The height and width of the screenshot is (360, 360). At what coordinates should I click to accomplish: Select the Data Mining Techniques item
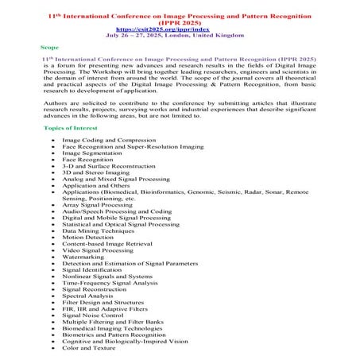coord(97,230)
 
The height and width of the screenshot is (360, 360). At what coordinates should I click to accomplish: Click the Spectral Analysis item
coord(88,296)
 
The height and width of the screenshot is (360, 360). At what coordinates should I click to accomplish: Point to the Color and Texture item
coord(89,347)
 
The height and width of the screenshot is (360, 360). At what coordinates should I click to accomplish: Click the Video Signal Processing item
coord(98,250)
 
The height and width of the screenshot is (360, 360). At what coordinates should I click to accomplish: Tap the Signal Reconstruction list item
coord(95,288)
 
